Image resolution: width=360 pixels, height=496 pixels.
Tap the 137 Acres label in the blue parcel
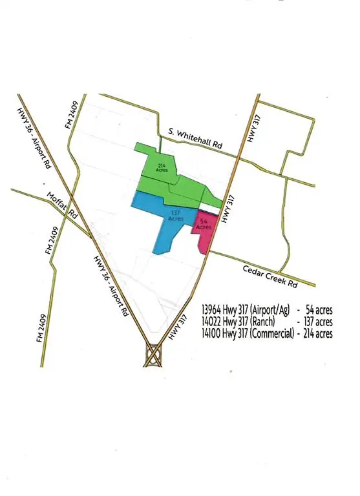click(176, 216)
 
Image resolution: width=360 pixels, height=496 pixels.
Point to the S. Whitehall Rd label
click(195, 139)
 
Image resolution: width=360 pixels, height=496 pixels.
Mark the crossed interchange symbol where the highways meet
click(154, 355)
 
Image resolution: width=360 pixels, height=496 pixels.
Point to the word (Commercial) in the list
click(268, 334)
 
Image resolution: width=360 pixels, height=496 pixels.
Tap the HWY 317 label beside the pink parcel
click(226, 211)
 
